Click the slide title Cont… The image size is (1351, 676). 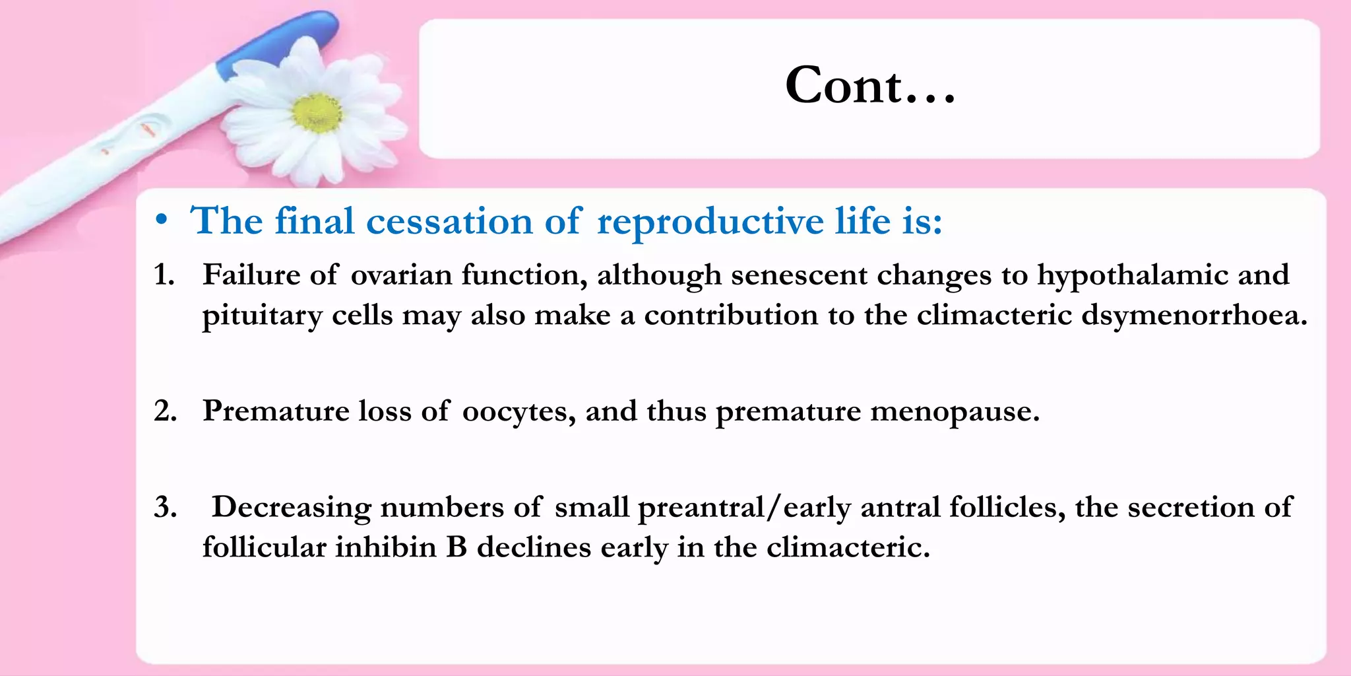point(869,86)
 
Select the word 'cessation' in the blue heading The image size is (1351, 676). point(449,221)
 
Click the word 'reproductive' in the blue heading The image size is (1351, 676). point(710,221)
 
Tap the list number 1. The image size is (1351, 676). point(164,275)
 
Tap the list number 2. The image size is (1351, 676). point(165,411)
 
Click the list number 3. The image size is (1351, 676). point(165,508)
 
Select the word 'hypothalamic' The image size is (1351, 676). point(1132,275)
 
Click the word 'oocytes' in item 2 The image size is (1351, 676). point(518,411)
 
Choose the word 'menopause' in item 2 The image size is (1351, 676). point(955,411)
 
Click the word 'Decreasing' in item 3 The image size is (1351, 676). point(291,508)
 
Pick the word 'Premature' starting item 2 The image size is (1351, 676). point(275,411)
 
